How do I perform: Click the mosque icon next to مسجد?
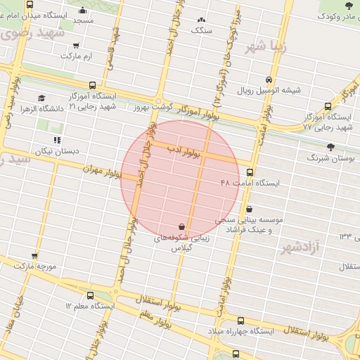[x=83, y=10]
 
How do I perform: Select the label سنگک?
[x=202, y=30]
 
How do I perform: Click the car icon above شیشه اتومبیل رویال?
[x=269, y=79]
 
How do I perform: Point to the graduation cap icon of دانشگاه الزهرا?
[x=41, y=98]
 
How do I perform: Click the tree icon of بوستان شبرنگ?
[x=330, y=147]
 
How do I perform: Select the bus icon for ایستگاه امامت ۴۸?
[x=250, y=172]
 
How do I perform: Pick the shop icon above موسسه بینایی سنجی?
[x=250, y=208]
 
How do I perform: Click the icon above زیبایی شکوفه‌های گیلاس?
[x=182, y=226]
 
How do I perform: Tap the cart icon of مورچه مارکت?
[x=34, y=256]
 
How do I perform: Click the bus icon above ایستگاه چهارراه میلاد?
[x=240, y=321]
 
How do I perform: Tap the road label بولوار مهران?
[x=103, y=172]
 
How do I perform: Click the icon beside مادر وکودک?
[x=322, y=15]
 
